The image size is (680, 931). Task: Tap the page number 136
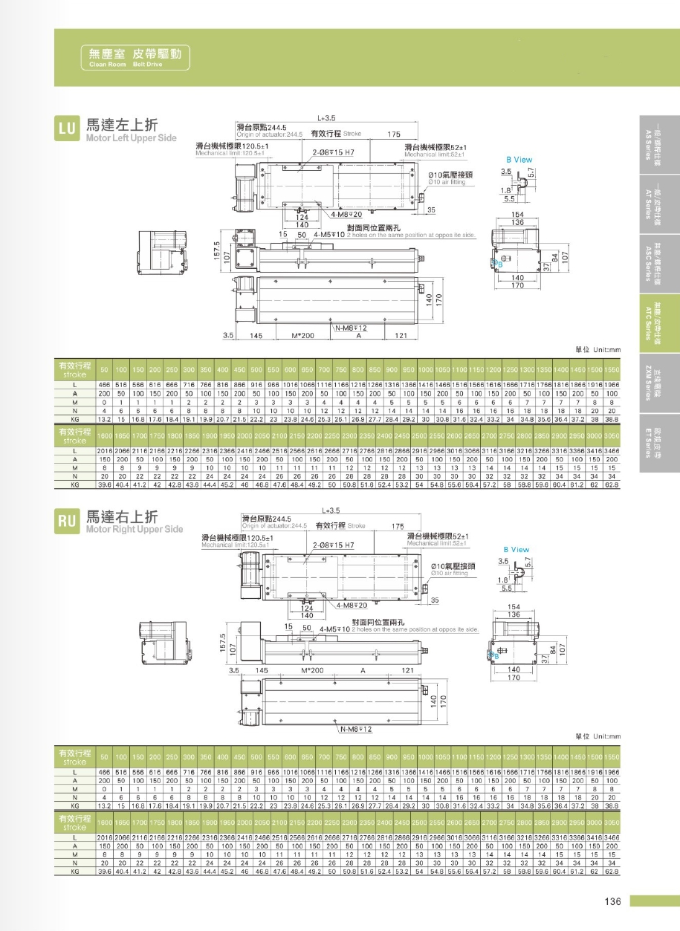tap(612, 902)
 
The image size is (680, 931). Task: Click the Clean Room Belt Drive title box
tap(135, 56)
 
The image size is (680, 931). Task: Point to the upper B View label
tap(519, 160)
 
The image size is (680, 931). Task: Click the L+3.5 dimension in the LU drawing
tap(327, 117)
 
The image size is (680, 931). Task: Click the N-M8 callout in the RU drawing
tap(355, 729)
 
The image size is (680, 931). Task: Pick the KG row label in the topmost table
tap(74, 419)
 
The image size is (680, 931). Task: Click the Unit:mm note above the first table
tap(598, 350)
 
